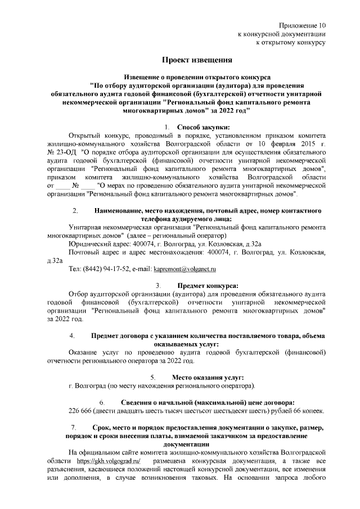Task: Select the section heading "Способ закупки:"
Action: tap(203, 127)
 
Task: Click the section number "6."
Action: tap(102, 402)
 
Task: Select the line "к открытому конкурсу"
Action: tap(291, 42)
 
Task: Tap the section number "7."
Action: tap(72, 429)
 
